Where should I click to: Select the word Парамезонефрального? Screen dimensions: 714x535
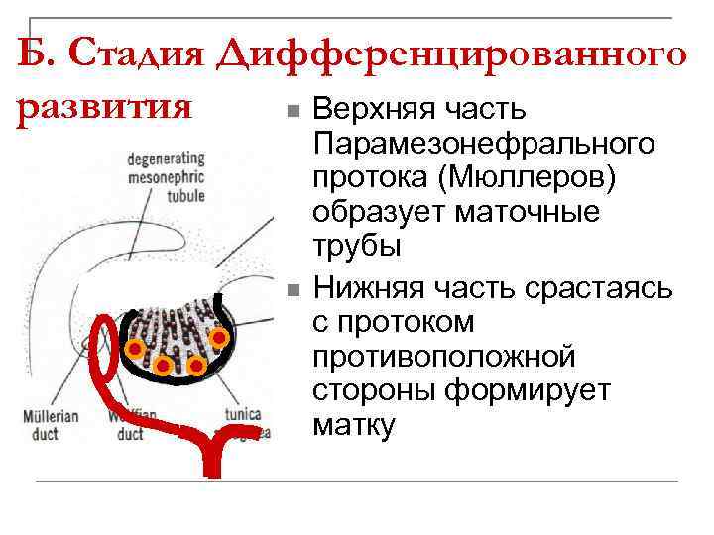tap(483, 144)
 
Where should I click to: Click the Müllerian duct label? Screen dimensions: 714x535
tap(54, 425)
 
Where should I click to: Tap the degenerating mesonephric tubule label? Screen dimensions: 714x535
tap(166, 176)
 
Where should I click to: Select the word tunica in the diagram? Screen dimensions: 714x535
tap(243, 415)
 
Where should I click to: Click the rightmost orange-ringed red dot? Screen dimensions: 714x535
tap(220, 339)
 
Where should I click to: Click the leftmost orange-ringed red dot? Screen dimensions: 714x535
tap(132, 348)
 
